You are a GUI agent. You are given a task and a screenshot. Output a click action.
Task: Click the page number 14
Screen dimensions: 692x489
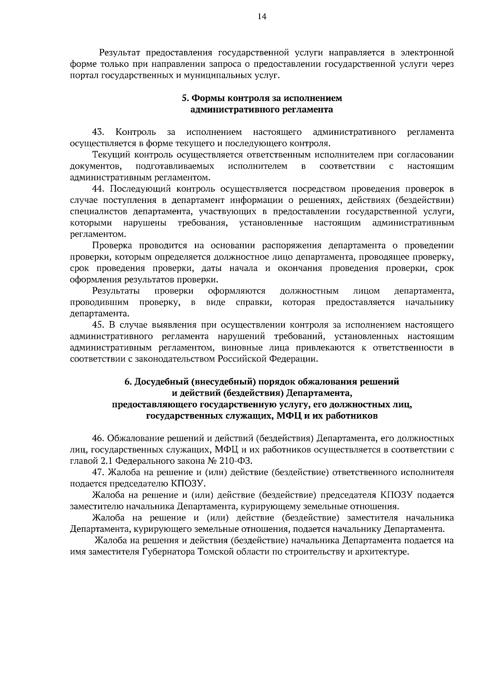pos(262,16)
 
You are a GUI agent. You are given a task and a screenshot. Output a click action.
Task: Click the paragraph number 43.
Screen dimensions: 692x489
pos(98,132)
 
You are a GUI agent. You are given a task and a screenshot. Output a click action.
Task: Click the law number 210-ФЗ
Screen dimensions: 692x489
pos(238,461)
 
